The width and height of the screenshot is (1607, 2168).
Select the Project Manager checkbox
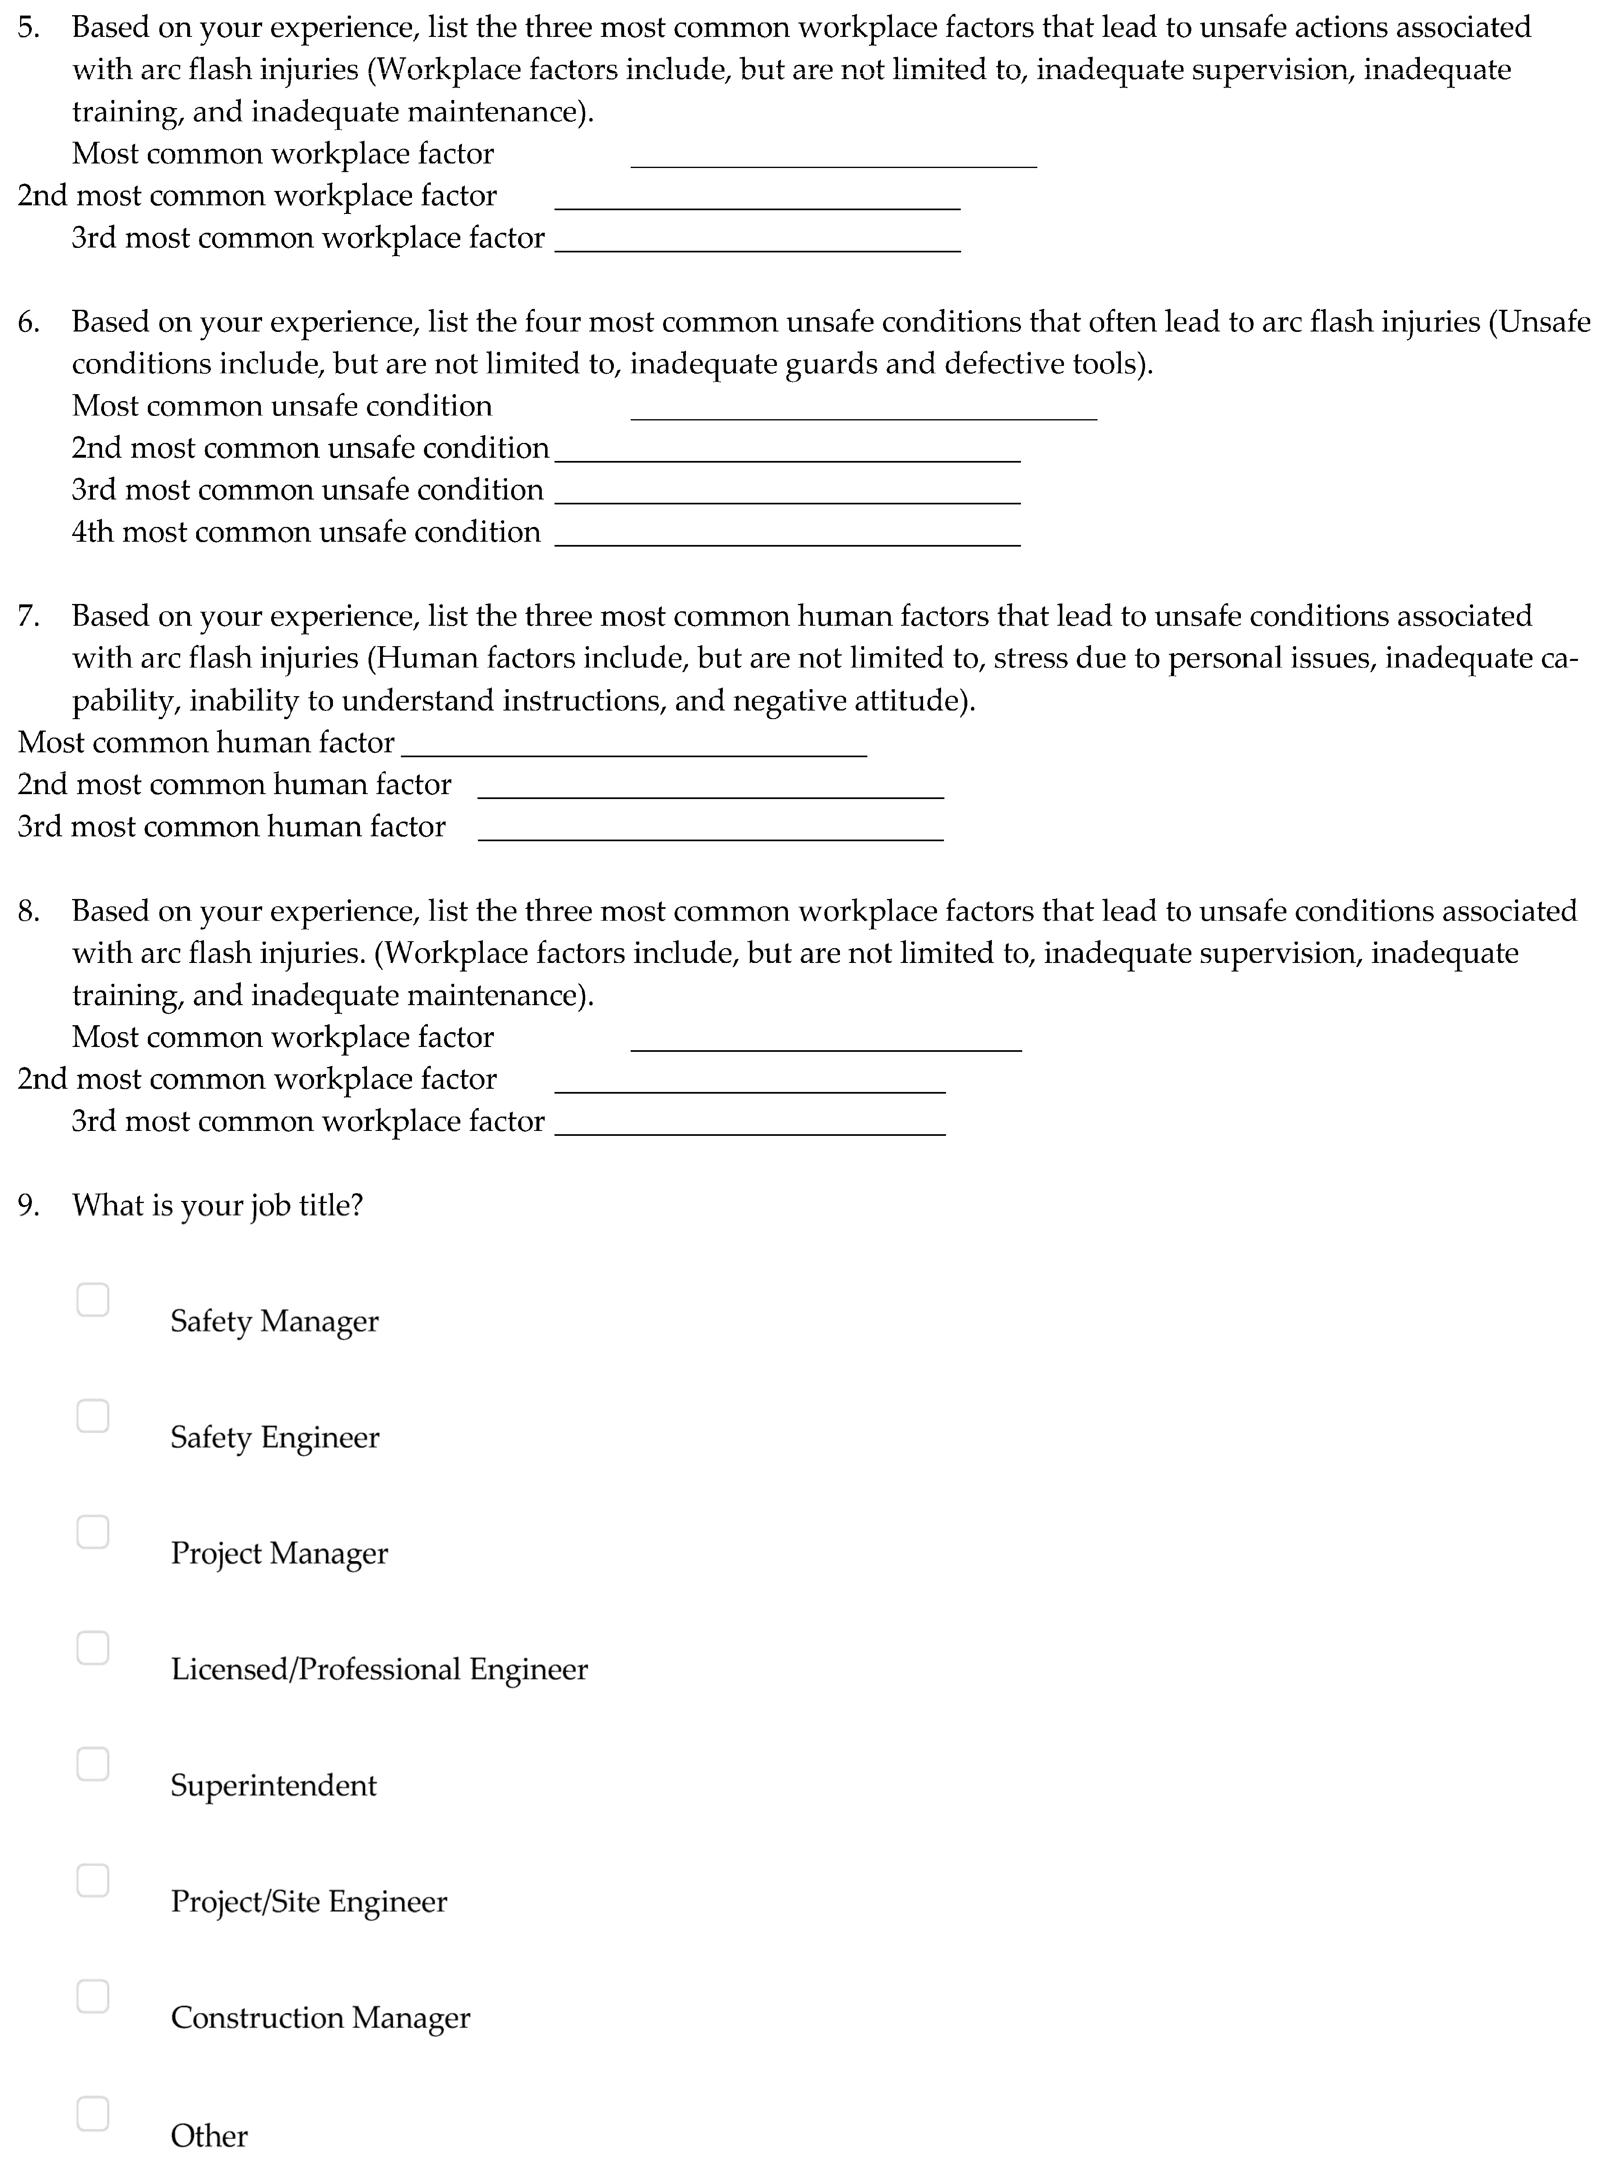(x=93, y=1532)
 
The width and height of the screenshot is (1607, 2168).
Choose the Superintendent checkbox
(x=93, y=1763)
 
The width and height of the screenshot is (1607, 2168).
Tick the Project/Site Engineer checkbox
(x=93, y=1880)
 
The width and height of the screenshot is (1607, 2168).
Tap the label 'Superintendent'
(x=273, y=1784)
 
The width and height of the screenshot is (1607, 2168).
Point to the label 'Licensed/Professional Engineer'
(x=379, y=1669)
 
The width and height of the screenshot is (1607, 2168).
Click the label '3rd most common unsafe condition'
(x=308, y=490)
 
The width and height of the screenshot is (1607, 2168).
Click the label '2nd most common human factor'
(x=234, y=784)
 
